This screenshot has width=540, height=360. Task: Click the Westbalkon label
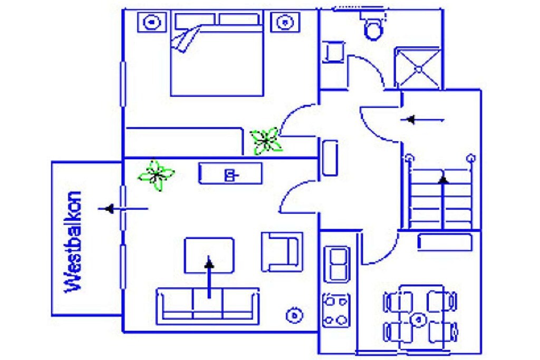pos(73,242)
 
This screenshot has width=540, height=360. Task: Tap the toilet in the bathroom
pos(373,25)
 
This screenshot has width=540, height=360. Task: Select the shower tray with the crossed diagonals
pos(418,69)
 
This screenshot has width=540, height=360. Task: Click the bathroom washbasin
pos(333,52)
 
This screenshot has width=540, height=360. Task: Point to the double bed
pos(217,54)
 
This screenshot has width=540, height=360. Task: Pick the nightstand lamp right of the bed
pos(285,22)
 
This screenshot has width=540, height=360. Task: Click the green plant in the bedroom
pos(266,140)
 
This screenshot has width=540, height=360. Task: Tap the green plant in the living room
pos(156,175)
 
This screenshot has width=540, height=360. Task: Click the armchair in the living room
pos(282,252)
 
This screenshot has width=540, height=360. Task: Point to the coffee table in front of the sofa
pos(209,255)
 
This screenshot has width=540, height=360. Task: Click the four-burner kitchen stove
pos(336,310)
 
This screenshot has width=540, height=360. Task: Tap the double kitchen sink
pos(337,264)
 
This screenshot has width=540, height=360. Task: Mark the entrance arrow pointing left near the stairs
pos(422,120)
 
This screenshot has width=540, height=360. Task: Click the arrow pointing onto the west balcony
pos(123,209)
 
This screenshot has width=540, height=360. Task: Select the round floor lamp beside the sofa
pos(294,315)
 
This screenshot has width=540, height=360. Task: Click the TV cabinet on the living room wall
pos(230,174)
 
